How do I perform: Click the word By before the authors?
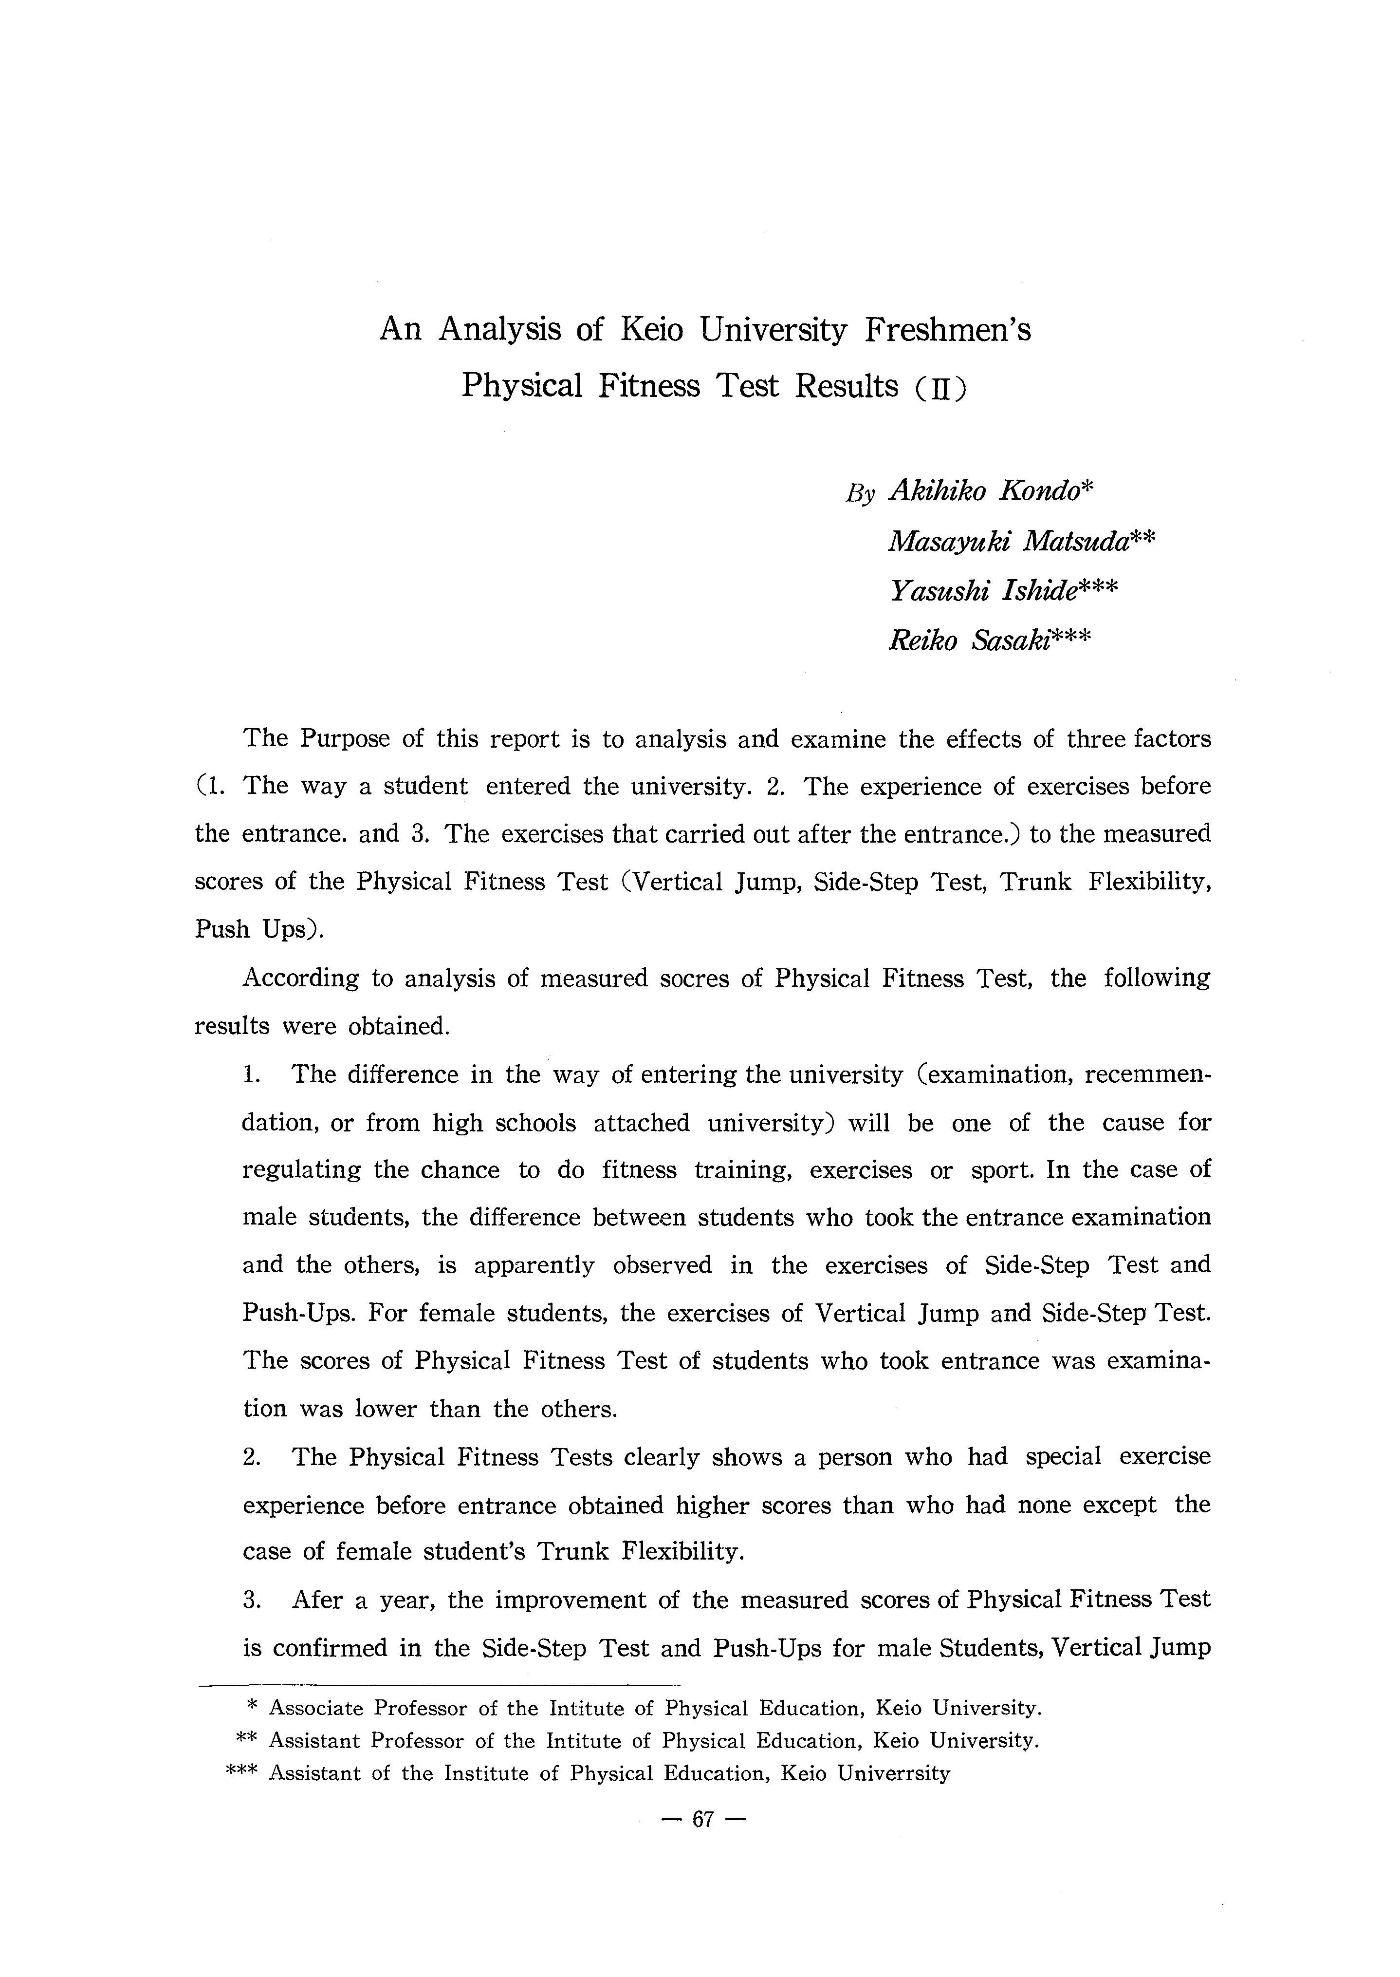point(860,493)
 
